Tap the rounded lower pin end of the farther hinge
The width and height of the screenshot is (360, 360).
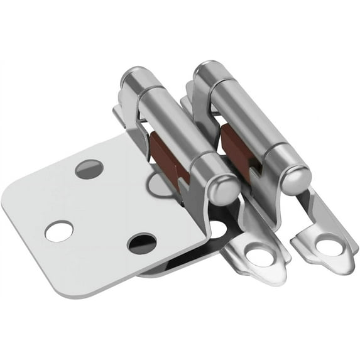pos(295,179)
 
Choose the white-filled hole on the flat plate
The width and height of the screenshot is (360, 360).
pos(58,231)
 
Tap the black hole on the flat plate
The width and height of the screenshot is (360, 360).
pos(141,243)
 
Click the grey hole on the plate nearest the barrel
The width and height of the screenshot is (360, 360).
pos(89,168)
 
